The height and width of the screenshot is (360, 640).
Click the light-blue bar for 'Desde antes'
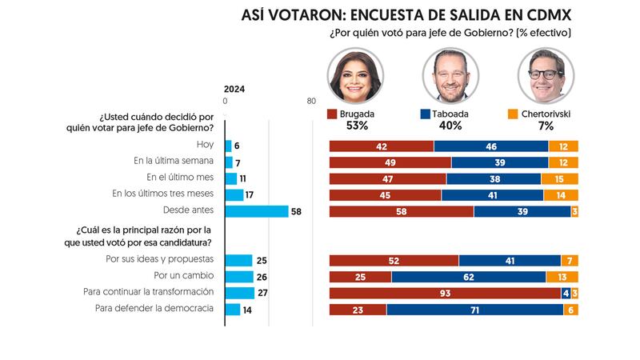coord(257,211)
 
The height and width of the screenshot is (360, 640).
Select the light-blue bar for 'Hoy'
coord(229,146)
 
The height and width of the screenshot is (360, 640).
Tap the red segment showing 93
coord(445,293)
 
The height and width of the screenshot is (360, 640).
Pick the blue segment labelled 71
coord(474,310)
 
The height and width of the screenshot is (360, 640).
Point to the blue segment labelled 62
coord(469,277)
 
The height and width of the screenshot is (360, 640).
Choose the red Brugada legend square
coord(332,114)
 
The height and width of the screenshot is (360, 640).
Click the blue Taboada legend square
coord(423,114)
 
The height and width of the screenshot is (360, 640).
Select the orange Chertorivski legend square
coord(513,114)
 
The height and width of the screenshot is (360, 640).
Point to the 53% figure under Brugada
coord(356,126)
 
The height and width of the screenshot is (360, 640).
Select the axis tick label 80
coord(311,101)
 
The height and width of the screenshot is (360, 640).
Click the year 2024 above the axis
coord(234,89)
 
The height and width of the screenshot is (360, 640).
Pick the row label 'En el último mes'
coord(181,178)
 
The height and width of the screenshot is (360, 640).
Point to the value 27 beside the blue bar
coord(262,293)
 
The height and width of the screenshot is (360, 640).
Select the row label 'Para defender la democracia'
coord(154,310)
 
